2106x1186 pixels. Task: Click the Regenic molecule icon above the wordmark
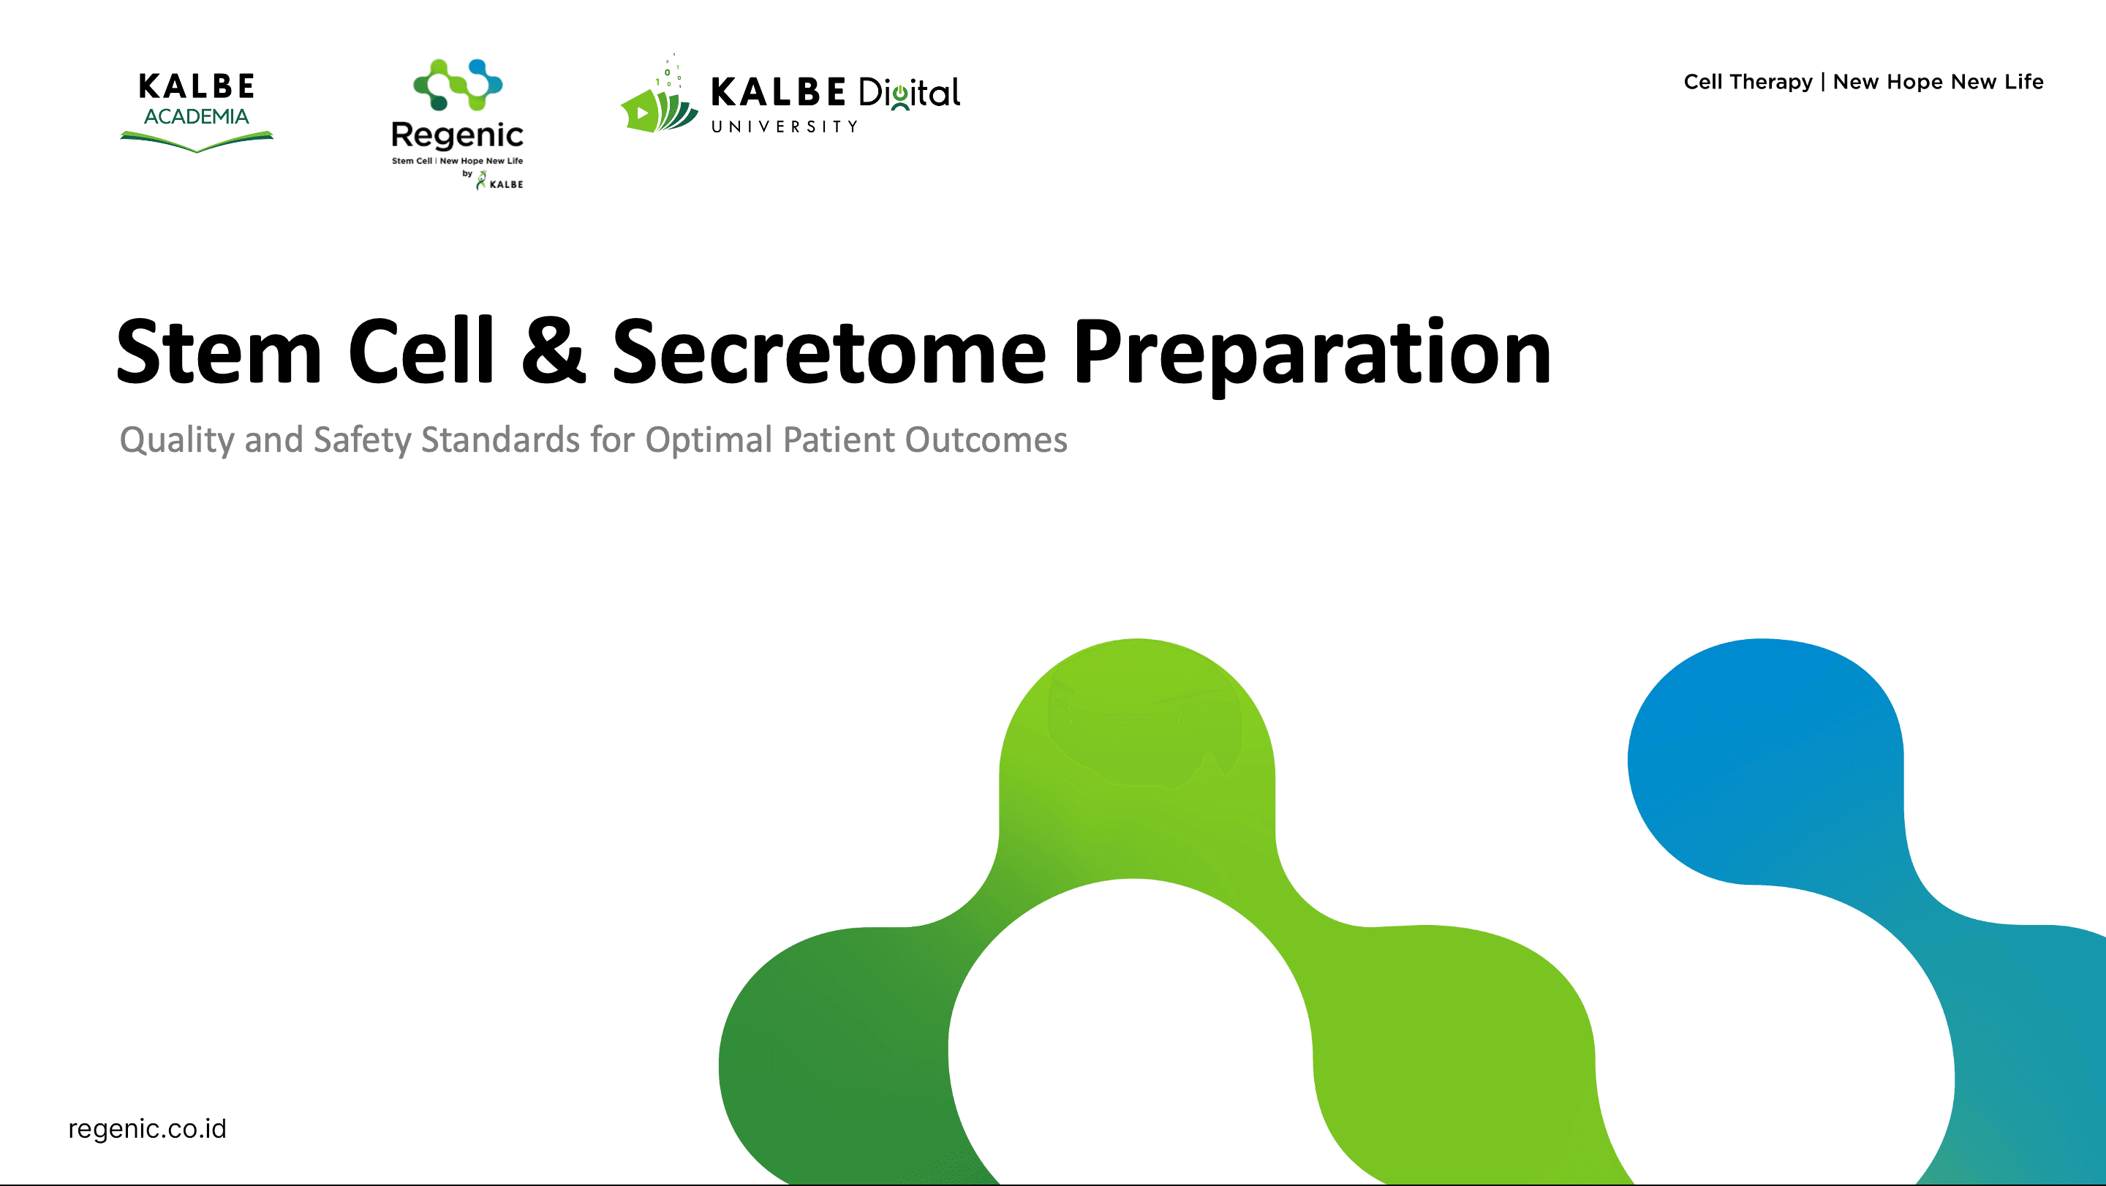point(458,84)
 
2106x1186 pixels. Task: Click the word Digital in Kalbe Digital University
point(909,93)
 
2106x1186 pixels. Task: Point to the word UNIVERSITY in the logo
point(784,126)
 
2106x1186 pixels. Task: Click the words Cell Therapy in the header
point(1748,82)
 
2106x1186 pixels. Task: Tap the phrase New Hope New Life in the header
point(1938,82)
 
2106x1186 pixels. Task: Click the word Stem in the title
point(219,352)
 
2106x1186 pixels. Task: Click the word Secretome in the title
point(829,352)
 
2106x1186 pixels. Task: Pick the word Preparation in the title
point(1311,353)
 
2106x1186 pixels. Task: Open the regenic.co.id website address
point(147,1129)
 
